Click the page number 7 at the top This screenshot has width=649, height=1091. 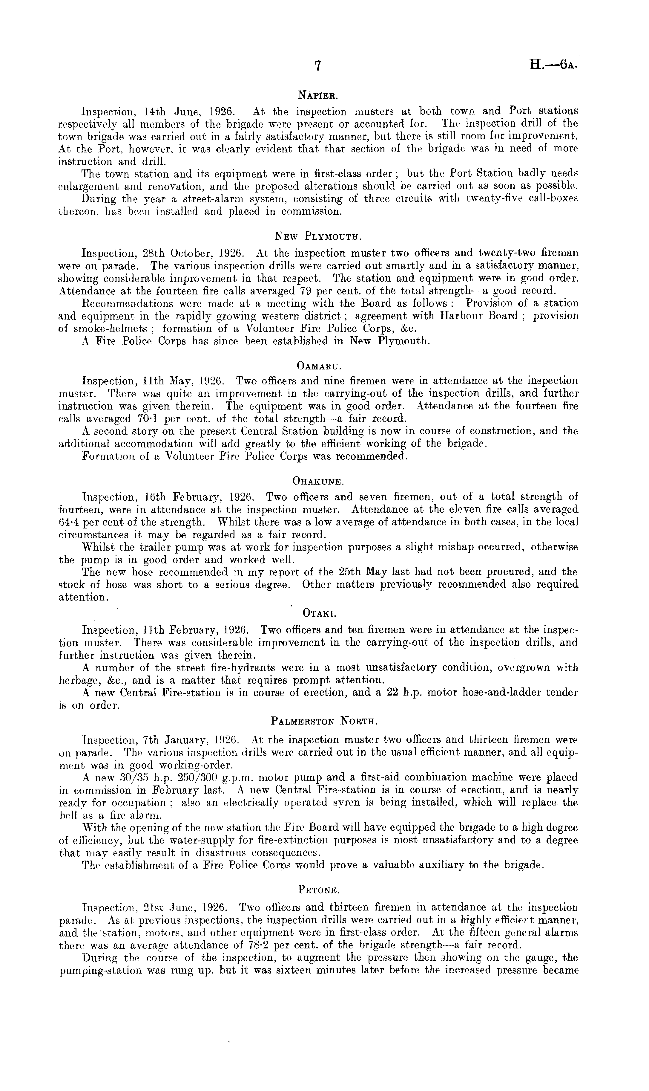pyautogui.click(x=318, y=66)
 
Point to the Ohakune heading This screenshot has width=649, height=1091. pyautogui.click(x=318, y=482)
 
